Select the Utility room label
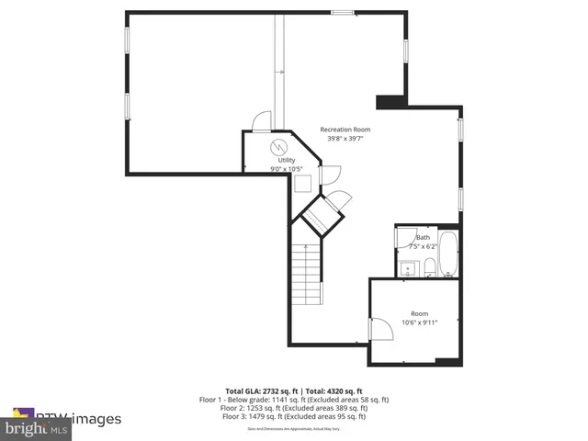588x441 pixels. (x=287, y=160)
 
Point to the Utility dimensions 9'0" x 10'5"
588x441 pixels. (x=287, y=169)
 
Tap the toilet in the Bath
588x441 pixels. (x=429, y=268)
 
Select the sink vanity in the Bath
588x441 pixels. (x=407, y=268)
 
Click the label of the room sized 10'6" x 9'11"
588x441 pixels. (x=420, y=313)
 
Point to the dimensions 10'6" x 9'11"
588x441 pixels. (x=420, y=322)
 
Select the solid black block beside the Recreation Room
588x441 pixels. (x=390, y=101)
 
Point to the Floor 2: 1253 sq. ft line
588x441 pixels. (x=294, y=408)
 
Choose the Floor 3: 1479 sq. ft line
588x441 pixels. (x=294, y=416)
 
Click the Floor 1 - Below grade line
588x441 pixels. (x=294, y=400)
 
